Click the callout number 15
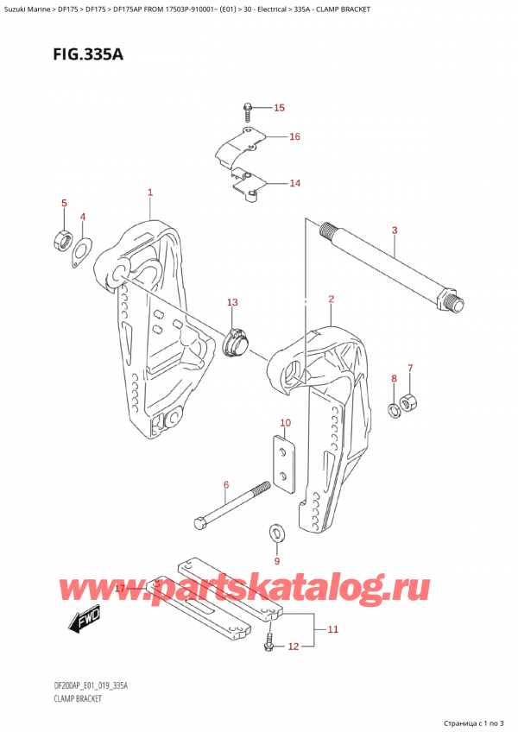[x=278, y=108]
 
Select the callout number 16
[x=294, y=136]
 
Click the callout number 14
[x=294, y=183]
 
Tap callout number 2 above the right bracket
[x=331, y=300]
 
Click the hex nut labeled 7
[x=412, y=400]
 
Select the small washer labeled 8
[x=395, y=407]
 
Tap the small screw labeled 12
[x=268, y=641]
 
